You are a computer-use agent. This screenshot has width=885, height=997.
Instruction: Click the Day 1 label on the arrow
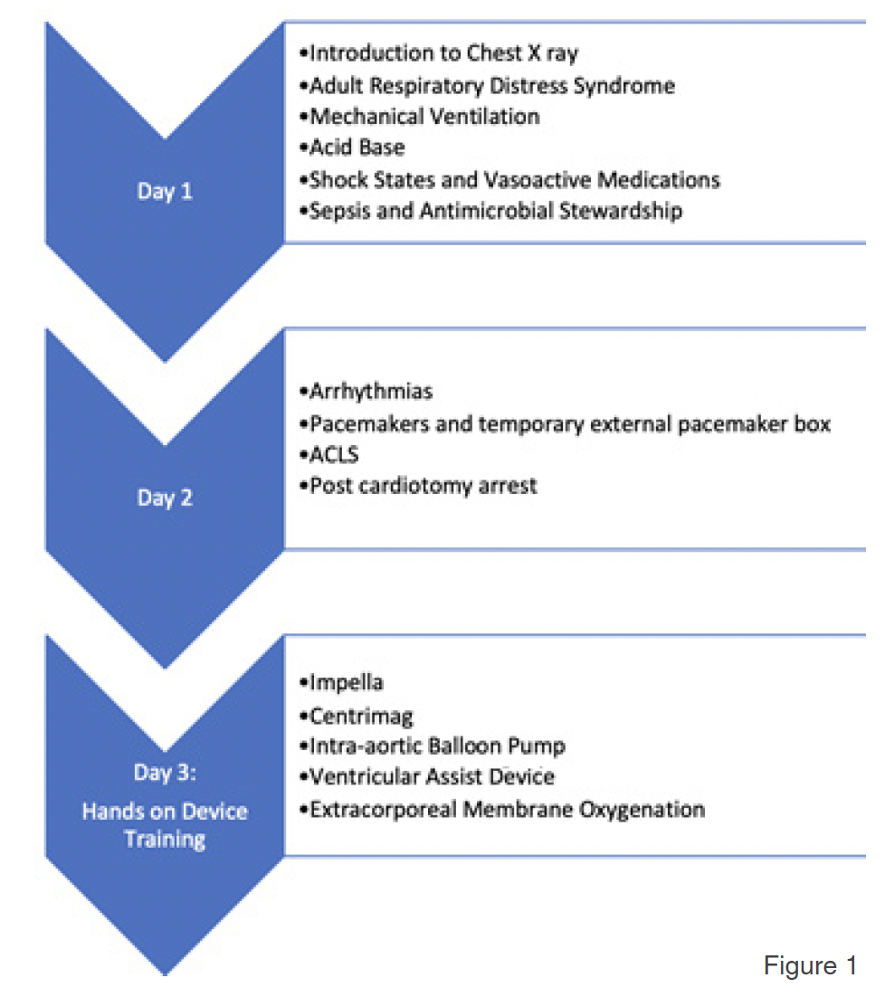click(165, 192)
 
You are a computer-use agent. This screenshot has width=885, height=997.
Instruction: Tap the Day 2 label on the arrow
click(165, 498)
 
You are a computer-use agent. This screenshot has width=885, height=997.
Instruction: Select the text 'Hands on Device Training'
click(165, 824)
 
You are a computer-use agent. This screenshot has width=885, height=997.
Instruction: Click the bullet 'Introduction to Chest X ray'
click(438, 53)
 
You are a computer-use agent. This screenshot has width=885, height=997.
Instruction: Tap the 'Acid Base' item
click(352, 147)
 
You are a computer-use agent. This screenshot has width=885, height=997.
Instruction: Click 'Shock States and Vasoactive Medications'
click(509, 179)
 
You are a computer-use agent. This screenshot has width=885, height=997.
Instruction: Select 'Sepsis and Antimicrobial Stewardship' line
click(490, 211)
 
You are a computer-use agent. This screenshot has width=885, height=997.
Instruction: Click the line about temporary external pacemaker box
click(565, 423)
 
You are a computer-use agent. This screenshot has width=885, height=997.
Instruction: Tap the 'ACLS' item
click(329, 454)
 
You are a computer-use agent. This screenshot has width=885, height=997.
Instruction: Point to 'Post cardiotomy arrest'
click(417, 486)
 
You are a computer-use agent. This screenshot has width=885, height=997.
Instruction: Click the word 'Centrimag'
click(356, 717)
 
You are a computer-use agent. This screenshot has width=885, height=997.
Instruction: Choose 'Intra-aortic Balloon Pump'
click(432, 746)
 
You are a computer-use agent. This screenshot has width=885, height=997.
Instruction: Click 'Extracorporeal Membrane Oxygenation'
click(501, 809)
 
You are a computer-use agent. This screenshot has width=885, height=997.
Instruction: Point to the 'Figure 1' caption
click(810, 966)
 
